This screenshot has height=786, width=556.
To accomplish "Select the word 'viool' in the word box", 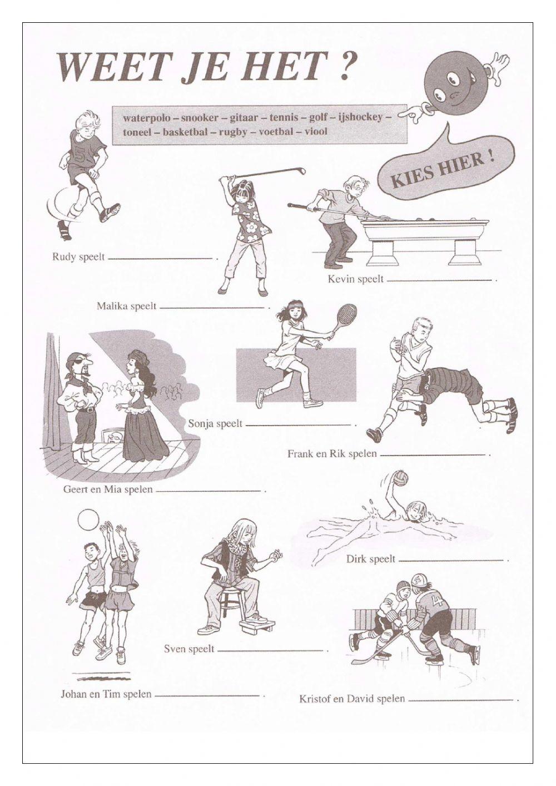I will click(x=315, y=132).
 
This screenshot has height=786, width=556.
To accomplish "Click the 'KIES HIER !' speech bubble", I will click(x=443, y=172).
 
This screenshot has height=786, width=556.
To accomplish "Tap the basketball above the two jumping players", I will click(x=88, y=521).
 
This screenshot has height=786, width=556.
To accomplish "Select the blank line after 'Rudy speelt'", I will click(x=161, y=258).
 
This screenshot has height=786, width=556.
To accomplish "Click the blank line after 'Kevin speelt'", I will click(x=439, y=280).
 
